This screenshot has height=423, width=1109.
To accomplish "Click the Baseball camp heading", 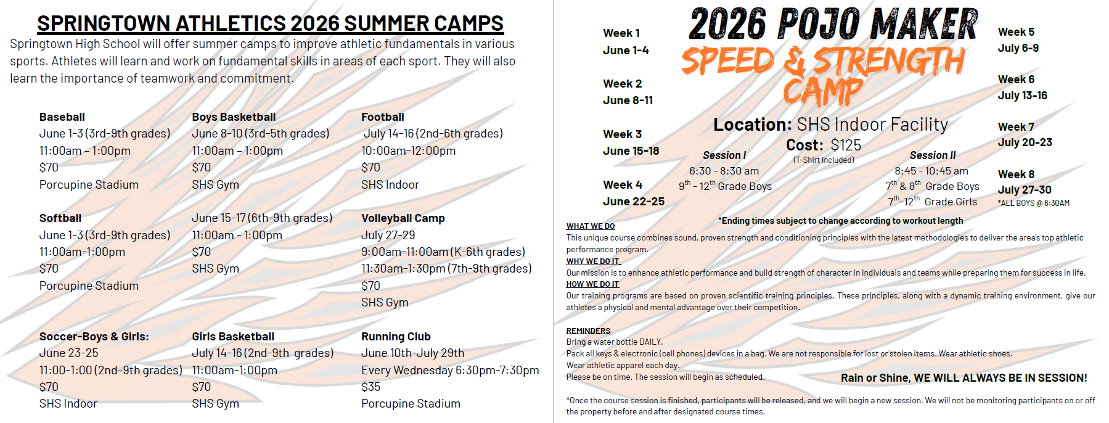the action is click(62, 117).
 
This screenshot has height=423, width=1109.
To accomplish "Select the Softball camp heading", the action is click(60, 218).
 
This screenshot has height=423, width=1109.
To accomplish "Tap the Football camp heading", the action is click(383, 117).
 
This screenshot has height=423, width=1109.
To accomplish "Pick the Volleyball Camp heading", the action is click(403, 218).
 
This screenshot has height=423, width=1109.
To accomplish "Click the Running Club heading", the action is click(396, 337).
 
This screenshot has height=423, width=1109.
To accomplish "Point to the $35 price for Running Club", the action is click(371, 387).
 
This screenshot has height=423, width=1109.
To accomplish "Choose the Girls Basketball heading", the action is click(233, 337).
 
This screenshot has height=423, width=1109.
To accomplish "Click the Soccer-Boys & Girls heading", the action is click(94, 337).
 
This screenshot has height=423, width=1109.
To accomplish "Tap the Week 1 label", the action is click(621, 33).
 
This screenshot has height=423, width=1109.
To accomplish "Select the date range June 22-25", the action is click(634, 202).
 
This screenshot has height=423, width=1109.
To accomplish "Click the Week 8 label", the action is click(1016, 175).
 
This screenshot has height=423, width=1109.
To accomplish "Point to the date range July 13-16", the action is click(1023, 96).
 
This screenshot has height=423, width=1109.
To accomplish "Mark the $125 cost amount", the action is click(846, 146).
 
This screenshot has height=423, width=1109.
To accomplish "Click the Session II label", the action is click(933, 155).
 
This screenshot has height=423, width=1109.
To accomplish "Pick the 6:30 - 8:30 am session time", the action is click(724, 171).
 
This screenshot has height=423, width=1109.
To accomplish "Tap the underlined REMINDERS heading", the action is click(589, 331).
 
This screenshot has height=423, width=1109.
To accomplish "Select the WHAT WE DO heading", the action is click(591, 226).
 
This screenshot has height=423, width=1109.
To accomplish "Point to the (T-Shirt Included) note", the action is click(824, 160).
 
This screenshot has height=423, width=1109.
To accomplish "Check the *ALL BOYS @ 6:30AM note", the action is click(1034, 203).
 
